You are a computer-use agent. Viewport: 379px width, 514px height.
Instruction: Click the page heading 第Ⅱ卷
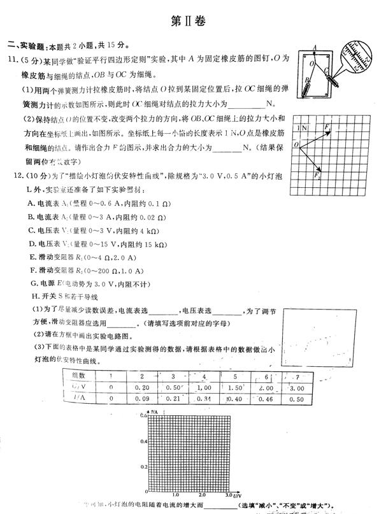tap(189, 20)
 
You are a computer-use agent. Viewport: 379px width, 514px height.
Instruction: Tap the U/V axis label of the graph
tap(236, 495)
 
